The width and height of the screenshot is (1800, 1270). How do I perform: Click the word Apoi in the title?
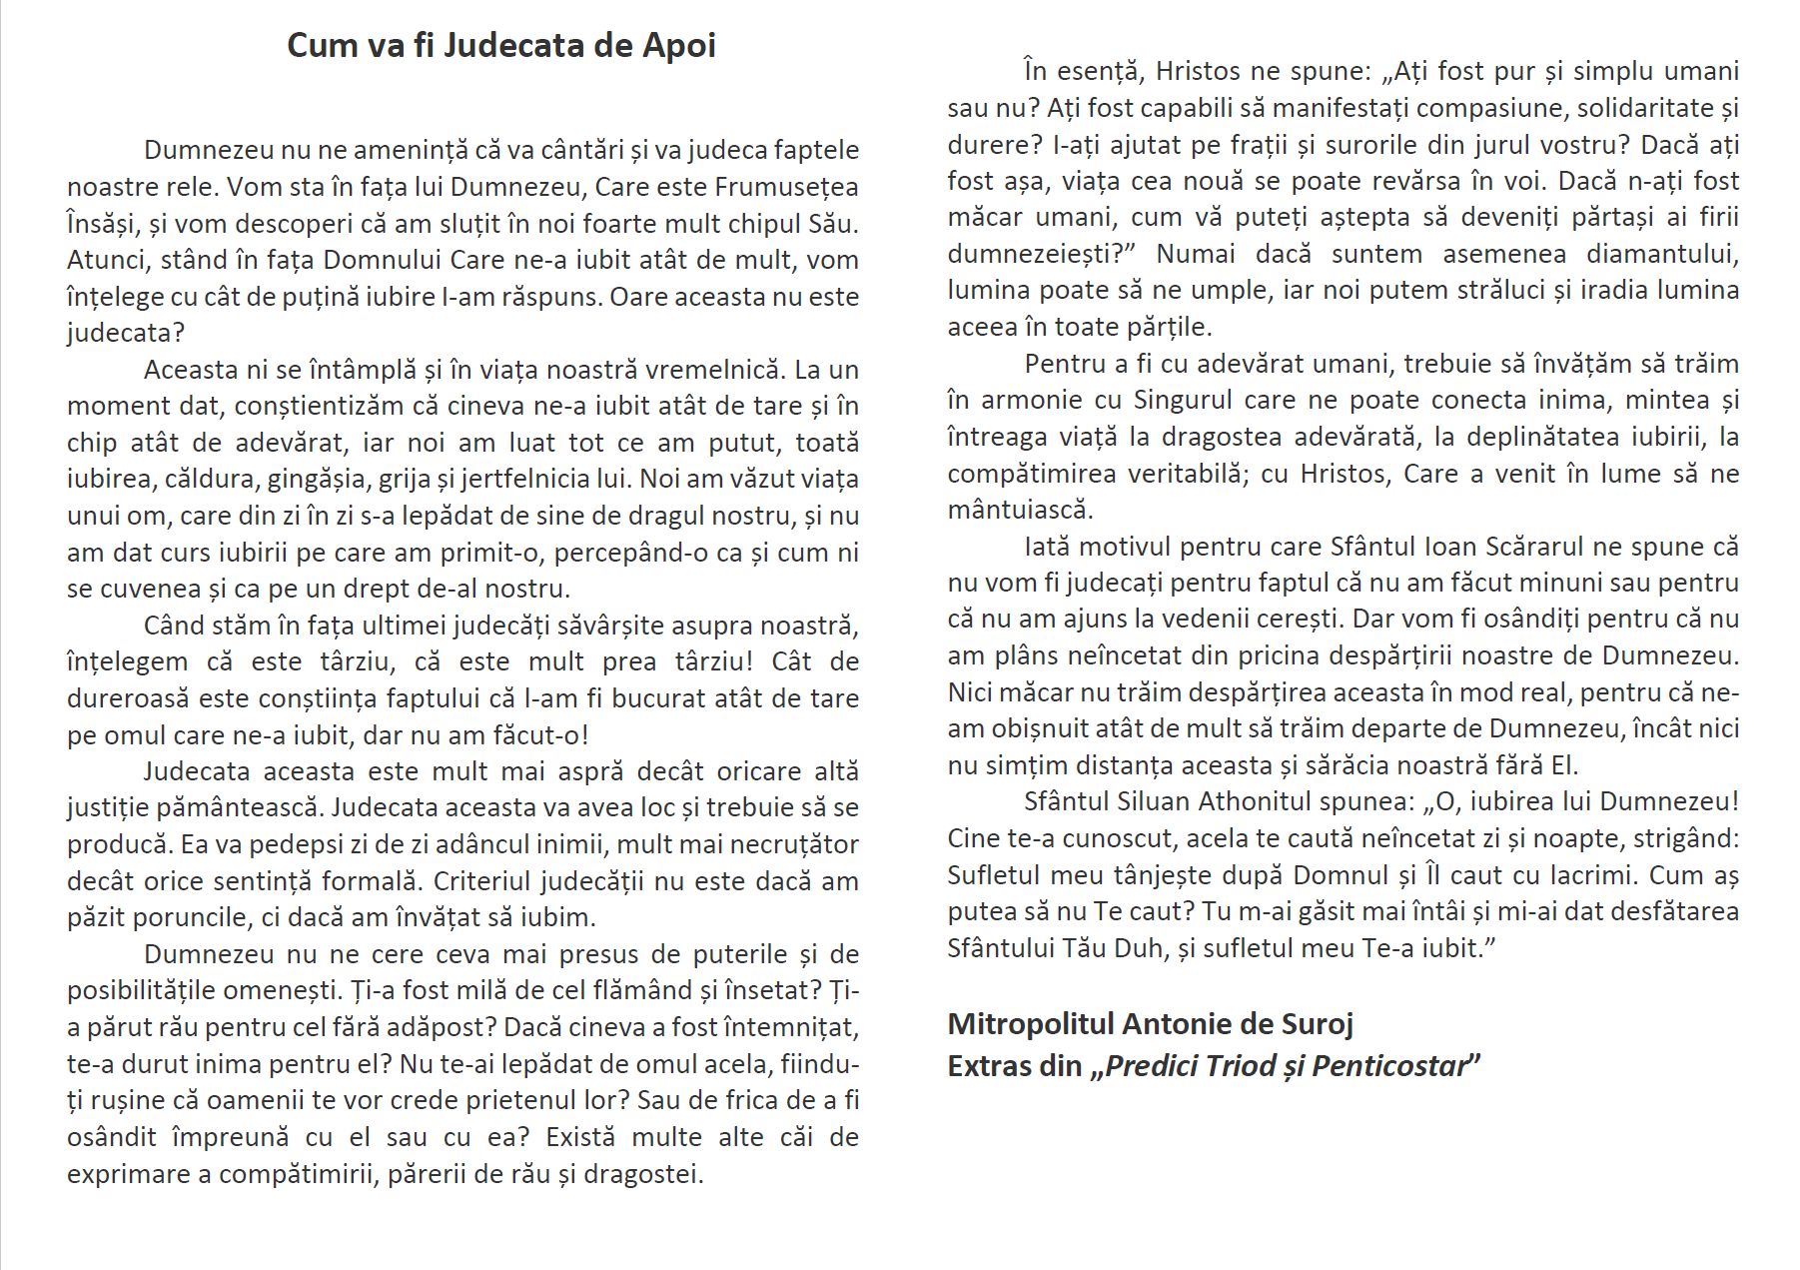coord(677,46)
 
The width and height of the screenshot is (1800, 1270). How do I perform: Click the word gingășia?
coord(319,479)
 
